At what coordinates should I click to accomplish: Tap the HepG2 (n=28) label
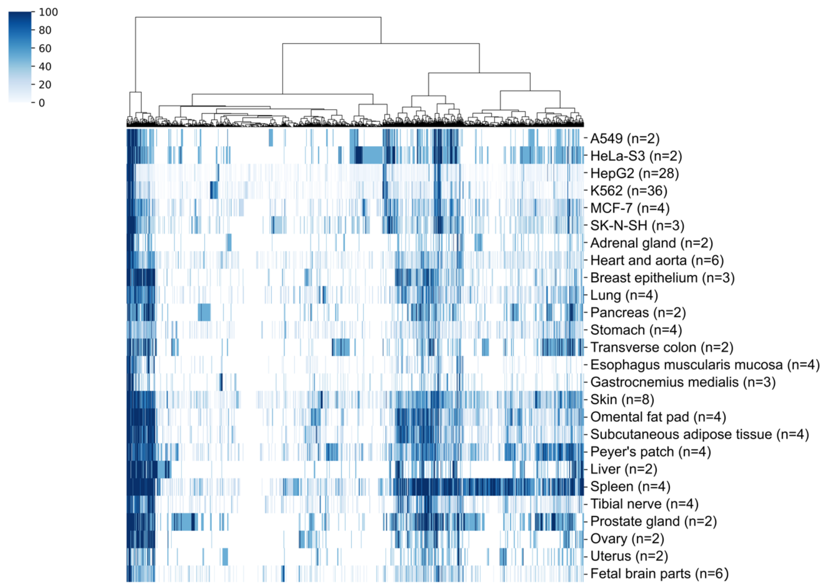point(634,173)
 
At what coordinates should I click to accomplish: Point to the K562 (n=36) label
point(628,191)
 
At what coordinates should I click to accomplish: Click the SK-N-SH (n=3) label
point(637,225)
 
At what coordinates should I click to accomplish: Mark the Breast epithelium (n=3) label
point(662,278)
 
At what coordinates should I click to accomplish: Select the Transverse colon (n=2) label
point(661,347)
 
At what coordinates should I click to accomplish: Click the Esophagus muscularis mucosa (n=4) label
point(705,365)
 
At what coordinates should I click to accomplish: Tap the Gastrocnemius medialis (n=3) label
point(683,382)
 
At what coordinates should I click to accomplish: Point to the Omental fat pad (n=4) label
point(658,417)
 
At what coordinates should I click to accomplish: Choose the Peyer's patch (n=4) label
point(650,452)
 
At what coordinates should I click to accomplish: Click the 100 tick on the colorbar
point(48,12)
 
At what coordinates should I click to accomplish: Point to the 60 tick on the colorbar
point(45,49)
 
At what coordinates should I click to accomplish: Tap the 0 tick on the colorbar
point(42,103)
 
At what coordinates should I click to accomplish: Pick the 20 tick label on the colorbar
point(45,85)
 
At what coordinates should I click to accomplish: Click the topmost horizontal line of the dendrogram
point(258,17)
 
